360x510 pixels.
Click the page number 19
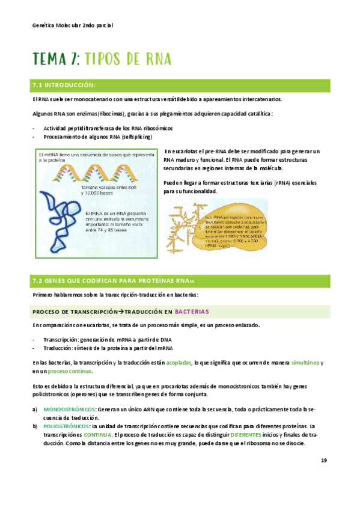pos(323,461)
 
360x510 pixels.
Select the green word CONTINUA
pos(97,434)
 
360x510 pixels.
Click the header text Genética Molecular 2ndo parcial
pos(72,26)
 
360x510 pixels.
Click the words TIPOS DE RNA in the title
pos(129,58)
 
